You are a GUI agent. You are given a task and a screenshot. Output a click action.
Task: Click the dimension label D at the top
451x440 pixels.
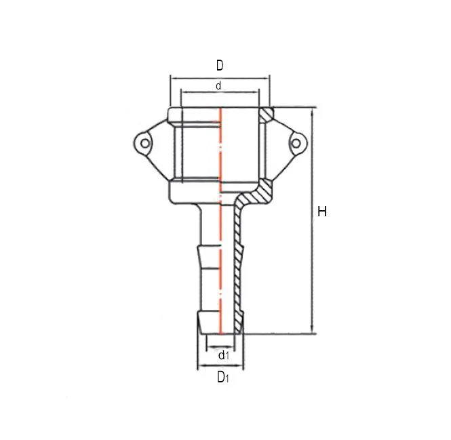[x=220, y=65]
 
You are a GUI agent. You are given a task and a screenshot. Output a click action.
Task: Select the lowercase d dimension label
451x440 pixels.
[x=218, y=86]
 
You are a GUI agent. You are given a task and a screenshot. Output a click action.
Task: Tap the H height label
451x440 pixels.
[x=322, y=212]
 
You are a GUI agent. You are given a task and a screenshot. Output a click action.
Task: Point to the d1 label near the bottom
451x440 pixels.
[x=222, y=355]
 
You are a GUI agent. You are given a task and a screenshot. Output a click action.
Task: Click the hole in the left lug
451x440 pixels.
[x=143, y=143]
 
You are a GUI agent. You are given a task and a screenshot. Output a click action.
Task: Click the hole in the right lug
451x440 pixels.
[x=296, y=143]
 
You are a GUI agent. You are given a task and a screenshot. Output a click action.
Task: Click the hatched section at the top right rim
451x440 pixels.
[x=267, y=112]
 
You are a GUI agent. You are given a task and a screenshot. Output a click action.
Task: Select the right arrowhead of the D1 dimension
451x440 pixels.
[x=242, y=367]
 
